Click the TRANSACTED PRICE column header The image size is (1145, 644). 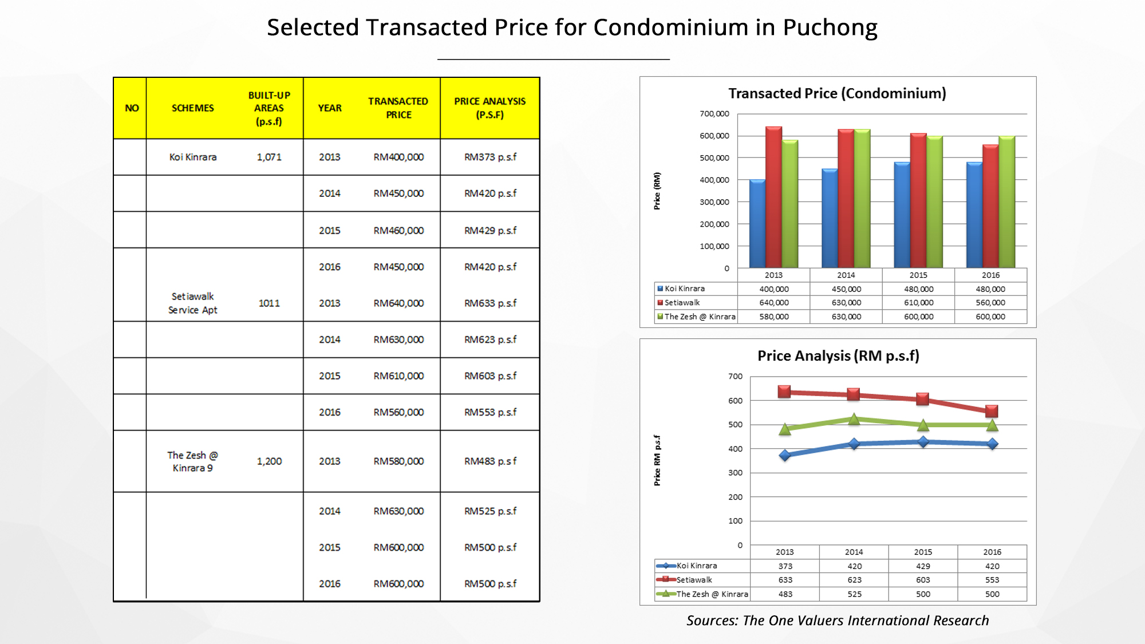pos(398,108)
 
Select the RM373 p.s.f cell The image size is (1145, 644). pos(490,157)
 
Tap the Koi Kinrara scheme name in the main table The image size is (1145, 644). pos(193,157)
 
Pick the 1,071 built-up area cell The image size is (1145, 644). pos(269,157)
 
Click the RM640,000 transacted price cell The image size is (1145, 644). pos(398,303)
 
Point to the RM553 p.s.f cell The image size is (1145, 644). pos(490,412)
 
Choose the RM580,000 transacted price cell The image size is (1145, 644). pos(398,461)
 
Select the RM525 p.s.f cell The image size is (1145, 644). pos(490,511)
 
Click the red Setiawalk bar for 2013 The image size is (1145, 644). pos(773,197)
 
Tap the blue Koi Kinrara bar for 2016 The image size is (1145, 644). pos(974,215)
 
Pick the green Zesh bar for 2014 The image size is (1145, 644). pos(862,199)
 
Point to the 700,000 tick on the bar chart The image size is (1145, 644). pos(714,114)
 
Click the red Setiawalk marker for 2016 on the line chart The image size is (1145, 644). pos(992,411)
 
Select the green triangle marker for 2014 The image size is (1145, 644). pos(854,419)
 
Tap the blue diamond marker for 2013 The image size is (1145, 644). pos(785,455)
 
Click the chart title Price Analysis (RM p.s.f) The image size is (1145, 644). pos(838,356)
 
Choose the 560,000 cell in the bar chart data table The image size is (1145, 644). pos(990,303)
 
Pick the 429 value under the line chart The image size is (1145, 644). pos(923,566)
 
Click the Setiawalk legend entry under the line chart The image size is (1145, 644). pos(694,580)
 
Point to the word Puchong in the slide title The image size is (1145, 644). pos(830,27)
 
